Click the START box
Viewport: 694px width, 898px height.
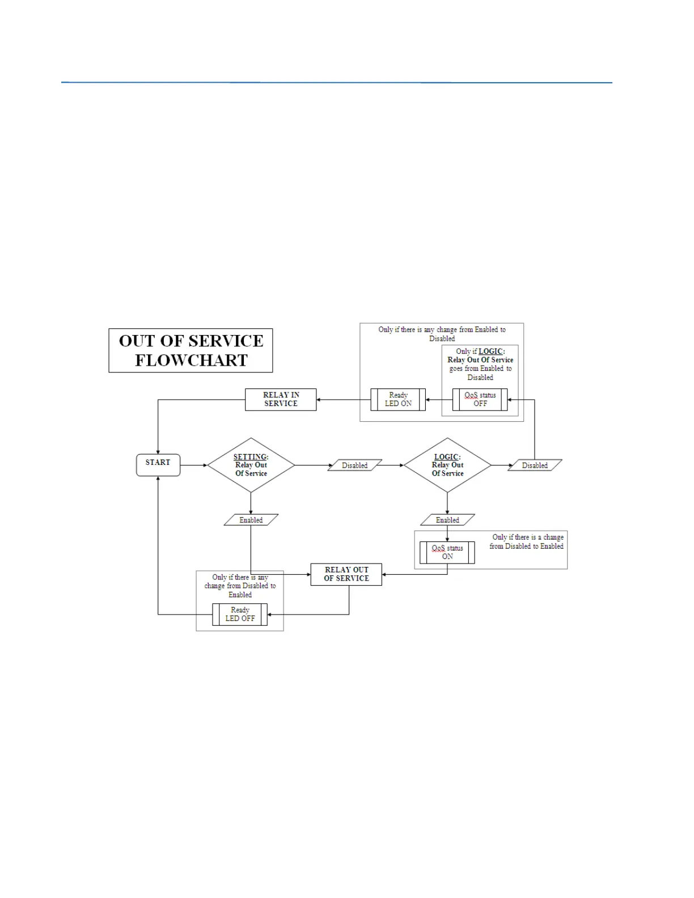tap(158, 465)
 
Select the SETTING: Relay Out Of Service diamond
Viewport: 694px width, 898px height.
tap(251, 465)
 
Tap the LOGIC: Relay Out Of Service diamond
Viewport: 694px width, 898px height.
tap(447, 465)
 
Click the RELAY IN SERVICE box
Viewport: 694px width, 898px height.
tap(281, 400)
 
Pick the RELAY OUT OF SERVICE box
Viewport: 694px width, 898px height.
tap(346, 574)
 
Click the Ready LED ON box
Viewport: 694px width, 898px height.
tap(398, 400)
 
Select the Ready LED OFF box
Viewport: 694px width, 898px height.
tap(240, 615)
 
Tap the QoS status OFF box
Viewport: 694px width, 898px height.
tap(480, 400)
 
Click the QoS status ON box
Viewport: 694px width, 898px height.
tap(447, 553)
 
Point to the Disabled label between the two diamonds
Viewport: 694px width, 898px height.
tap(355, 465)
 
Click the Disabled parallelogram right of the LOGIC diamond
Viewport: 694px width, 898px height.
tap(535, 465)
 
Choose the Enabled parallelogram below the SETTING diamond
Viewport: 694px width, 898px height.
tap(251, 520)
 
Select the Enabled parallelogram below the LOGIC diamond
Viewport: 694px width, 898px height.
tap(447, 520)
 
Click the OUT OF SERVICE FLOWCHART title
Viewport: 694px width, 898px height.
tap(191, 350)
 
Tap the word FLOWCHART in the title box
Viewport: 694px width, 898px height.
tap(191, 361)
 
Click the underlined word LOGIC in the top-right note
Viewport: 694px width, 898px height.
tap(490, 351)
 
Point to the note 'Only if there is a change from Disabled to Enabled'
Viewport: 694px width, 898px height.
tap(527, 541)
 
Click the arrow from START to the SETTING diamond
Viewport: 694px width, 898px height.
tap(194, 465)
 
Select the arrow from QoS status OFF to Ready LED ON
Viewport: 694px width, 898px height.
tap(439, 400)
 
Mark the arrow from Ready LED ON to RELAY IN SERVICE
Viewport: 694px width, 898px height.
tap(344, 400)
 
